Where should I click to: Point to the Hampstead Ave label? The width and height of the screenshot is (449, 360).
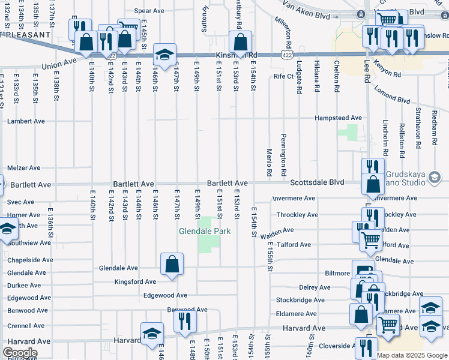click(x=339, y=118)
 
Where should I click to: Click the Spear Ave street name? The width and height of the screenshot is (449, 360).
click(x=149, y=11)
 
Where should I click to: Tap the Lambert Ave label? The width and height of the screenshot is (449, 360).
click(x=26, y=121)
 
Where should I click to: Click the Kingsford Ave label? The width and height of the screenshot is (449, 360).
click(x=135, y=281)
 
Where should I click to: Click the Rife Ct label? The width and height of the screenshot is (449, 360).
click(x=283, y=76)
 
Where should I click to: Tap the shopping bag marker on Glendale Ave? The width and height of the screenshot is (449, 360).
click(x=172, y=264)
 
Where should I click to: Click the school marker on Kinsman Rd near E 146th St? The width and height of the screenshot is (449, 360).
click(x=164, y=55)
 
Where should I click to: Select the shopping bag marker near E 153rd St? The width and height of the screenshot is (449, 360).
click(x=240, y=43)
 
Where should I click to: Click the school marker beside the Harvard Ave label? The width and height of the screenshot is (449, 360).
click(x=152, y=333)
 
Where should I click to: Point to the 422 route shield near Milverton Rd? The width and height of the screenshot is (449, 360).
click(x=286, y=55)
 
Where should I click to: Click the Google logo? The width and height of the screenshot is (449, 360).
click(x=20, y=353)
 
